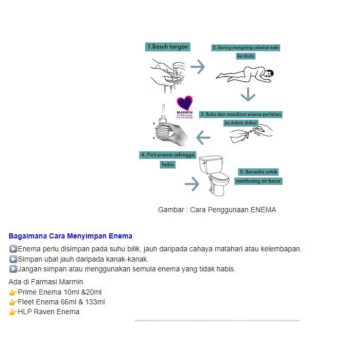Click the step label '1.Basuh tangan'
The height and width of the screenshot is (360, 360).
click(167, 47)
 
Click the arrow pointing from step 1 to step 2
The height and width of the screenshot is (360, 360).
click(197, 67)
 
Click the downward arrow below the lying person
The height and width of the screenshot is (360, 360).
click(248, 95)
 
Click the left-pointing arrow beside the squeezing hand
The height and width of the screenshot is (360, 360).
click(203, 137)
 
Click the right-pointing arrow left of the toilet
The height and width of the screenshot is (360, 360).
click(192, 184)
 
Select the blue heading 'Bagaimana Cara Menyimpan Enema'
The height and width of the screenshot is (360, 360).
click(71, 236)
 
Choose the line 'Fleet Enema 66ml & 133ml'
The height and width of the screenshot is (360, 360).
click(61, 302)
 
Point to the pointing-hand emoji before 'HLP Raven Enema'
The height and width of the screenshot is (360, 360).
click(13, 312)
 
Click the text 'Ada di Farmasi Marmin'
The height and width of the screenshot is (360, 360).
click(46, 282)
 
